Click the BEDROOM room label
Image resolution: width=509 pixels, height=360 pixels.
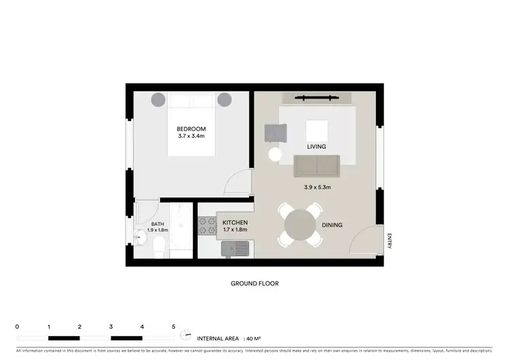coord(191,129)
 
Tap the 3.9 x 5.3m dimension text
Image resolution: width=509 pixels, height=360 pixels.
coord(317,187)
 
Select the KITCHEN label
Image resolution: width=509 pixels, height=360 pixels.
coord(235,223)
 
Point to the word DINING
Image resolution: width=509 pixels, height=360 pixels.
coord(332,226)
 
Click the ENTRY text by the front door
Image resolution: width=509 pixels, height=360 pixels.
coord(390,241)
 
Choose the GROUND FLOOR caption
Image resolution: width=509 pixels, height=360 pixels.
coord(254,284)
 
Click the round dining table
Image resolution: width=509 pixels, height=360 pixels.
coord(299,224)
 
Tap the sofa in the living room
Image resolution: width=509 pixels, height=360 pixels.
coord(317,165)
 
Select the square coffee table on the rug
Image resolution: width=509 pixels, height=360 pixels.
coord(316,130)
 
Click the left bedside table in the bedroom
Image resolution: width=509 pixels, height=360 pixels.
coord(157,99)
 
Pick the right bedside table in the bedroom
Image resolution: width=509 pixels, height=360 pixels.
coord(224,99)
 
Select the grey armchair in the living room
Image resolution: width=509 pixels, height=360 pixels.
coord(276,134)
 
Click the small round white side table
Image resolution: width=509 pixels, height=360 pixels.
coord(275,155)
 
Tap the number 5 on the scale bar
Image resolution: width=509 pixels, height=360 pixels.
coord(173,327)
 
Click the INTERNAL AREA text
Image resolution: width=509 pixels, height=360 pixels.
coord(220,338)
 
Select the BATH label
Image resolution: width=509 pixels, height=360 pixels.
coord(157,224)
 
